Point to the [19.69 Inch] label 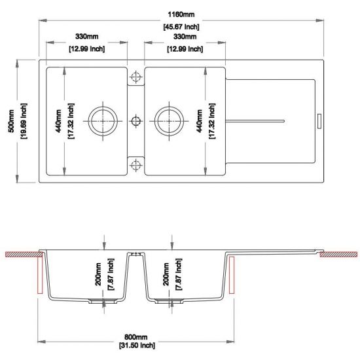(24, 120)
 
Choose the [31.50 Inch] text (137, 345)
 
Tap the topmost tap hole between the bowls (135, 78)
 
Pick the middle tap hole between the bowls (135, 120)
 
